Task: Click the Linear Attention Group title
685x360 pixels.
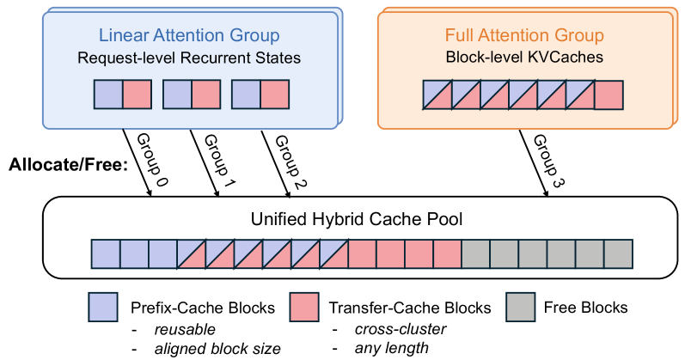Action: pos(189,36)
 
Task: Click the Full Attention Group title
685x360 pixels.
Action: pos(524,36)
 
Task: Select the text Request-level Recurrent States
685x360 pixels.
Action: pos(189,58)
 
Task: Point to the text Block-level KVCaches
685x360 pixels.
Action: pos(524,58)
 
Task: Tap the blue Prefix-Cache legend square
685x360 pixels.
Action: pos(103,308)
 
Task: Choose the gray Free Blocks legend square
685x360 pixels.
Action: pos(521,308)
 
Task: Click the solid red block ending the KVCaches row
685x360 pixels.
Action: pos(608,95)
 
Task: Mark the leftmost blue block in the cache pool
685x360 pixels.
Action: pos(106,253)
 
